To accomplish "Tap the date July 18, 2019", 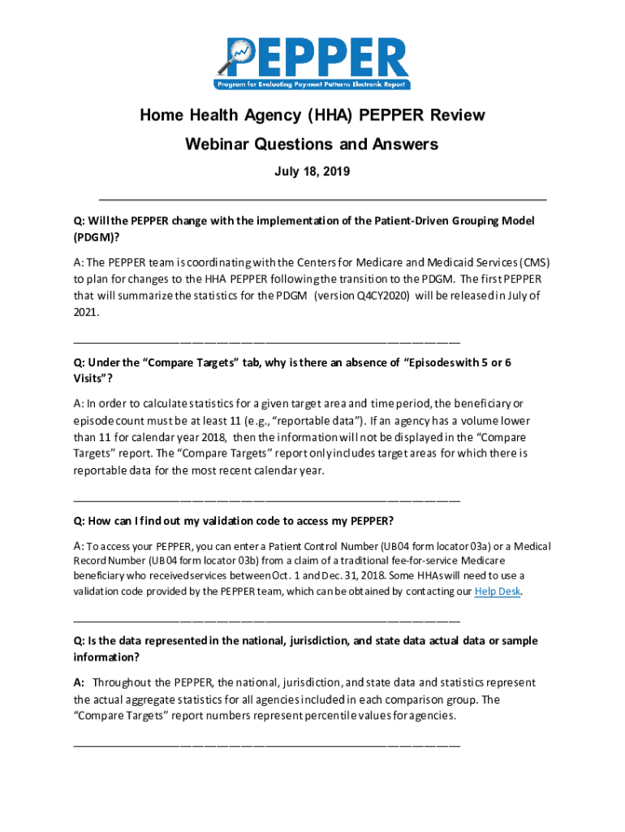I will [312, 172].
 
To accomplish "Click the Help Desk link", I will [497, 591].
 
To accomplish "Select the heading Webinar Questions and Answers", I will [312, 144].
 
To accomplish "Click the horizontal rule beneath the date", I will [322, 199].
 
